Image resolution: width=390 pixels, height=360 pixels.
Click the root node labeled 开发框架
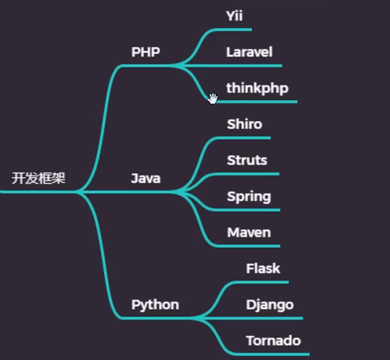coord(39,178)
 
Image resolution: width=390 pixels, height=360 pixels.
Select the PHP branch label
coord(145,52)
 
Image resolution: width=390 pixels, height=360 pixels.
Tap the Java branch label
coord(145,178)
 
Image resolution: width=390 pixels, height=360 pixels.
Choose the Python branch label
coord(155,305)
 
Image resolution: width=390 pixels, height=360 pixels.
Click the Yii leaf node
coord(234,16)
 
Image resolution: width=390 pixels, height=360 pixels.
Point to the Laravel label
coord(249,52)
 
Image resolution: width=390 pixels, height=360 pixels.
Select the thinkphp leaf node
coord(257,88)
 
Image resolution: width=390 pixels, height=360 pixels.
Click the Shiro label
coord(245,124)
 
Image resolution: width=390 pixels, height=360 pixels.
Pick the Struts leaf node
coord(247,160)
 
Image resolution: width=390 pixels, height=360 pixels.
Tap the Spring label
coord(248,196)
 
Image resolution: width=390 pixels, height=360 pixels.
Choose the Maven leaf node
coord(248,232)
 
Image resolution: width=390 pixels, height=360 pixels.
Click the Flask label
coord(263,269)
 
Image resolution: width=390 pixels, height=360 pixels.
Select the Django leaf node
coord(270,305)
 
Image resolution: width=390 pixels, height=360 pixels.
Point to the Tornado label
coord(273,341)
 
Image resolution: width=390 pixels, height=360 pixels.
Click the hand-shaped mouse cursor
coord(213,99)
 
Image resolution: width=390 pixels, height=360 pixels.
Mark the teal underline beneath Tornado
coord(277,354)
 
